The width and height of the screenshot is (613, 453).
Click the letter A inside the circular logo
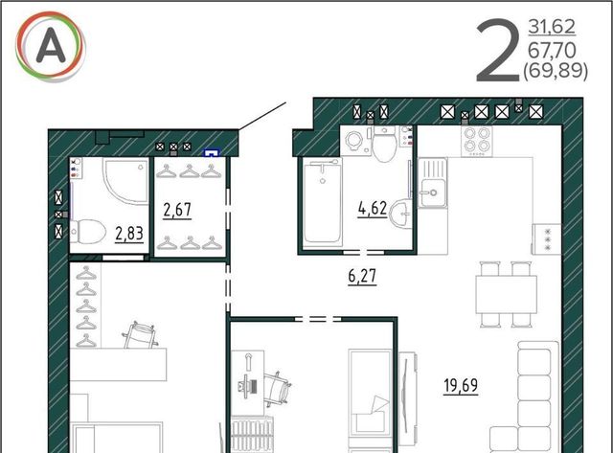pyautogui.click(x=51, y=46)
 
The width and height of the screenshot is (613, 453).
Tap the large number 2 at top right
pyautogui.click(x=498, y=51)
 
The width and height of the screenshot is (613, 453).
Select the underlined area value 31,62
pyautogui.click(x=552, y=27)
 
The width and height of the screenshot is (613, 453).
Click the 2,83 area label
pyautogui.click(x=129, y=234)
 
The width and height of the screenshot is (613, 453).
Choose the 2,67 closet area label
pyautogui.click(x=177, y=210)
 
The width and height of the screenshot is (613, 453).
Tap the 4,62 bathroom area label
pyautogui.click(x=373, y=209)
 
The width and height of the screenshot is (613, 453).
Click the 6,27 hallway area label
pyautogui.click(x=362, y=276)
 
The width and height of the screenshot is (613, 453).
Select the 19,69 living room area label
pyautogui.click(x=461, y=385)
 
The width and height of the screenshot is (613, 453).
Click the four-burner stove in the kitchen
pyautogui.click(x=477, y=141)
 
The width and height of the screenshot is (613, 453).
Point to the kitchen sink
pyautogui.click(x=433, y=183)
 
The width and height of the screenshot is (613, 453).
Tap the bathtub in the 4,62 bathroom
pyautogui.click(x=323, y=202)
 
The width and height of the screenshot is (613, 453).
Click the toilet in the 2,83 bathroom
pyautogui.click(x=87, y=232)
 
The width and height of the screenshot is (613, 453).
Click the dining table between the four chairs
pyautogui.click(x=507, y=294)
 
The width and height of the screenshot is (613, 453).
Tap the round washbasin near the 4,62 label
pyautogui.click(x=401, y=213)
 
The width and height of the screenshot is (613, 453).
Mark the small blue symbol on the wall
pyautogui.click(x=211, y=152)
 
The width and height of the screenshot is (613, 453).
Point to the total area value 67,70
pyautogui.click(x=552, y=50)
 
